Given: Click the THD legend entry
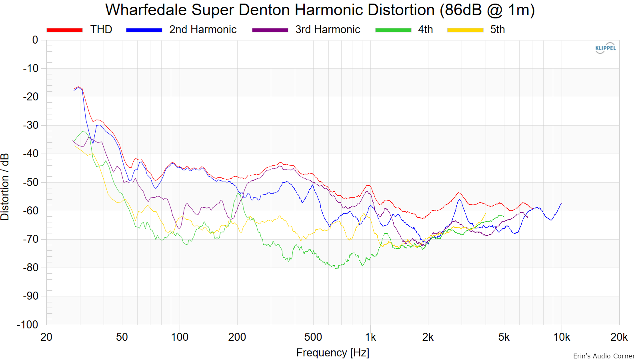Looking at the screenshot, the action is (x=80, y=30).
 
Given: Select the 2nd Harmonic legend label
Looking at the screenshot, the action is (x=203, y=30).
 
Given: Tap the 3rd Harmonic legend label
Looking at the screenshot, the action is (x=328, y=30).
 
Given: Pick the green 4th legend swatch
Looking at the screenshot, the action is (x=393, y=30).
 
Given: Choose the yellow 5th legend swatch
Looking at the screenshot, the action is (x=465, y=30).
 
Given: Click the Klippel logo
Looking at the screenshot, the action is (x=606, y=48).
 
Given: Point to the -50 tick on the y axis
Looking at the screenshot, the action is (x=30, y=182).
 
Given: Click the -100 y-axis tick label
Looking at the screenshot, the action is (x=28, y=324).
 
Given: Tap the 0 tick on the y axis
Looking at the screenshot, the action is (x=35, y=40).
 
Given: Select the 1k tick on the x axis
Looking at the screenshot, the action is (x=370, y=338).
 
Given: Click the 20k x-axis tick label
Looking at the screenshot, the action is (x=619, y=338).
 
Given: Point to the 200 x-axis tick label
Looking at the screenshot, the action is (x=237, y=338).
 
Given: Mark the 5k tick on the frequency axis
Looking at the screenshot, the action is (x=504, y=338).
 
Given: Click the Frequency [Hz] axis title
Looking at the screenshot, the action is (x=332, y=353).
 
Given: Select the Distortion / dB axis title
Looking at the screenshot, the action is (x=5, y=187).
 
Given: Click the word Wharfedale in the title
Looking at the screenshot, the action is (x=146, y=10).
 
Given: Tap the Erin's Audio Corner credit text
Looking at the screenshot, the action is (x=604, y=356).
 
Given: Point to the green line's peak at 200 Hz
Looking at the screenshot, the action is (x=238, y=194).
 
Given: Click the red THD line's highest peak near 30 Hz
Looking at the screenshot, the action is (x=78, y=87).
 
